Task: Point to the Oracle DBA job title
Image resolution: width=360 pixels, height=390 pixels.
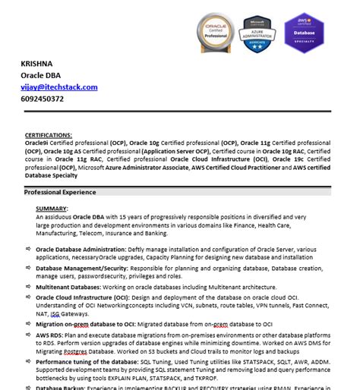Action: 43,77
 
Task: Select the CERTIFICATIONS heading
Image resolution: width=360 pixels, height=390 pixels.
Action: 49,134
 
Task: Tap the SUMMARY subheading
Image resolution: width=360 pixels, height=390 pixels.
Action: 51,208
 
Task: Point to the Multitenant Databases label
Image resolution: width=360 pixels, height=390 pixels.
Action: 69,288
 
